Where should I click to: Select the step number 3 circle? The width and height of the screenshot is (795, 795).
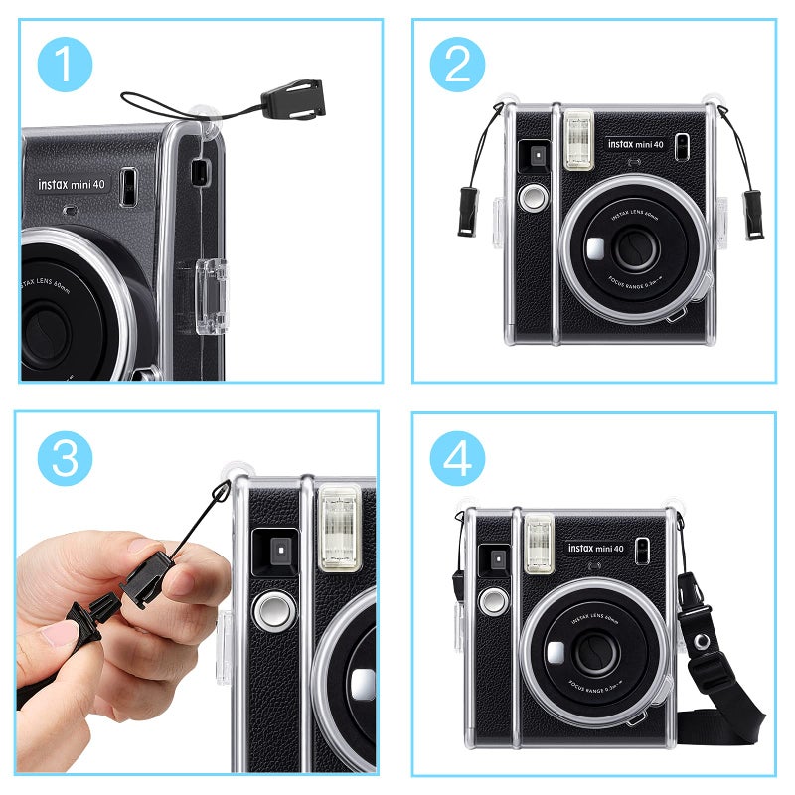(65, 458)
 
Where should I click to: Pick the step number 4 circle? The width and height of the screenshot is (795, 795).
(457, 458)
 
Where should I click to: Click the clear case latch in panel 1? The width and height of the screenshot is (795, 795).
(211, 295)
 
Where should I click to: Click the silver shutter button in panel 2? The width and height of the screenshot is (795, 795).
(534, 196)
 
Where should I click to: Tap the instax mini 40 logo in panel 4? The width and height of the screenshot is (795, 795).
(596, 549)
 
